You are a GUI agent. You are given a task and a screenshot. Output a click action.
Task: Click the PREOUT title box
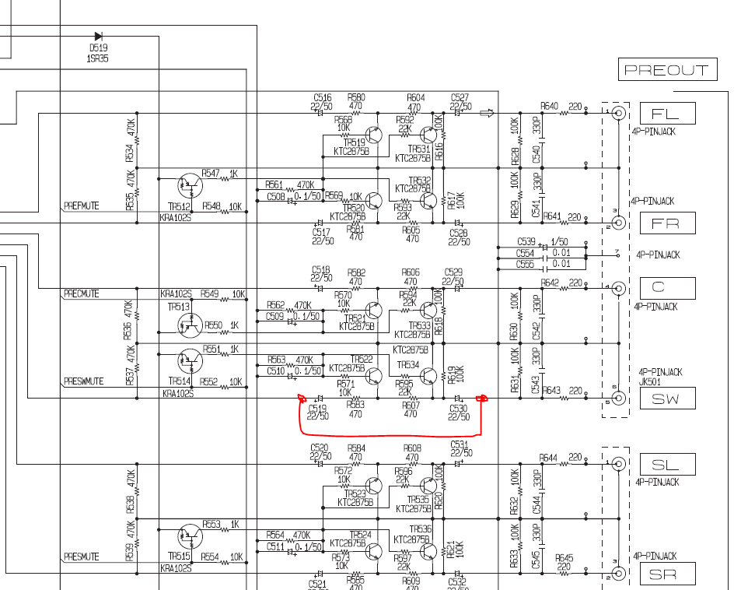(667, 70)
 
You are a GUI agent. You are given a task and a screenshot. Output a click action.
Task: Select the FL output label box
(667, 114)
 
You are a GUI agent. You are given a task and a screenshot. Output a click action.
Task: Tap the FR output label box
(667, 224)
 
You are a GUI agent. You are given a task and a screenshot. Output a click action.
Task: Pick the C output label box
(667, 288)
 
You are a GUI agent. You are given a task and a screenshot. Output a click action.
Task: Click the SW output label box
(667, 399)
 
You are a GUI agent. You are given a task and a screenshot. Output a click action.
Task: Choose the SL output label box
(667, 465)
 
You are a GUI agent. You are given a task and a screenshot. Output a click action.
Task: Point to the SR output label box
(667, 574)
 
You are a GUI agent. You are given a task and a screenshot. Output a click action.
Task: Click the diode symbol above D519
(99, 36)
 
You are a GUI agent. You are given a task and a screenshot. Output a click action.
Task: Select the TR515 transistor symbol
(188, 536)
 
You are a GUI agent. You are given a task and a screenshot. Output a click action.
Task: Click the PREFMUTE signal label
(81, 207)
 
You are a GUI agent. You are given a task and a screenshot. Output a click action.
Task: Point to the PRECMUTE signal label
(81, 294)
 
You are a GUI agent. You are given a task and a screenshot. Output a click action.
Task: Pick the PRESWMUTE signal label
(83, 382)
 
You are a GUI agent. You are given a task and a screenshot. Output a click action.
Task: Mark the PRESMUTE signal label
(81, 557)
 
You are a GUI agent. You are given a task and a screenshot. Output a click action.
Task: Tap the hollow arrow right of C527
(488, 113)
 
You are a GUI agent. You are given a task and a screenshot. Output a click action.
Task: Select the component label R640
(550, 106)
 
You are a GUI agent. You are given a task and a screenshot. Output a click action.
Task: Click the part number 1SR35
(98, 58)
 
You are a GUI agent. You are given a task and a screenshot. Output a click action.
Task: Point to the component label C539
(526, 243)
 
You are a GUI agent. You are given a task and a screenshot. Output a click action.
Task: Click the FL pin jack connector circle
(619, 114)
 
